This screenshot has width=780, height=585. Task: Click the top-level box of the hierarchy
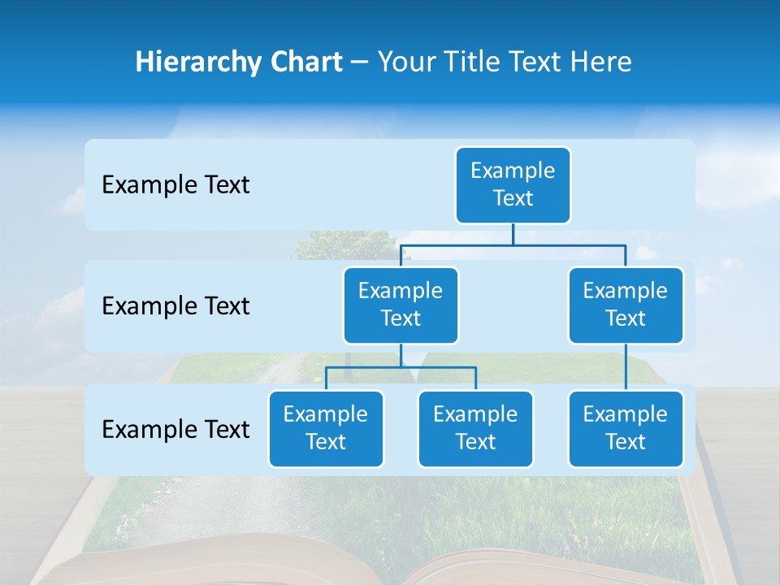pyautogui.click(x=513, y=184)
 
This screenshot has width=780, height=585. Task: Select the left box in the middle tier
pyautogui.click(x=401, y=305)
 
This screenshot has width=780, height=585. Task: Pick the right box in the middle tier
pyautogui.click(x=626, y=305)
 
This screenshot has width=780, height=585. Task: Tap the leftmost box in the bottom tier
pyautogui.click(x=326, y=428)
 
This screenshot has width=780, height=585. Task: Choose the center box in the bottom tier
pyautogui.click(x=475, y=428)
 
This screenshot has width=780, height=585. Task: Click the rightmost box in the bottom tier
pyautogui.click(x=626, y=428)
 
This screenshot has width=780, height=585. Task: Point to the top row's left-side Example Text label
pyautogui.click(x=175, y=184)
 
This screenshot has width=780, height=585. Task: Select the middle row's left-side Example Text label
pyautogui.click(x=175, y=305)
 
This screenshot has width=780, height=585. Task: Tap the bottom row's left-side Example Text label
pyautogui.click(x=175, y=429)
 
